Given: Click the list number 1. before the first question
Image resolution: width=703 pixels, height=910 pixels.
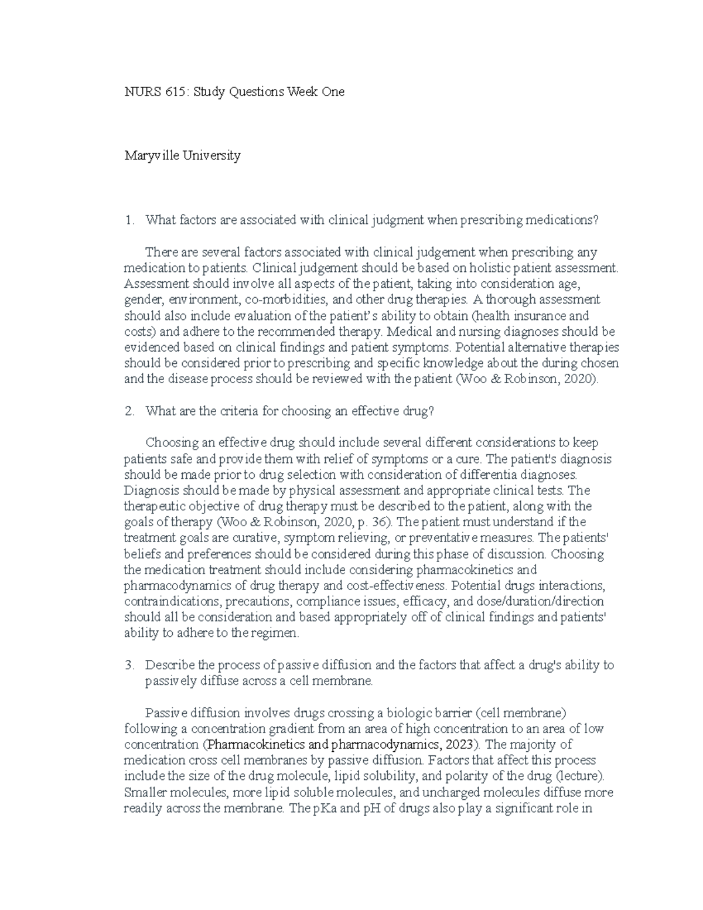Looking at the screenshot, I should click(130, 220).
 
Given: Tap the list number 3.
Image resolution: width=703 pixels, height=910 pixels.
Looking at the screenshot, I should click(130, 665).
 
